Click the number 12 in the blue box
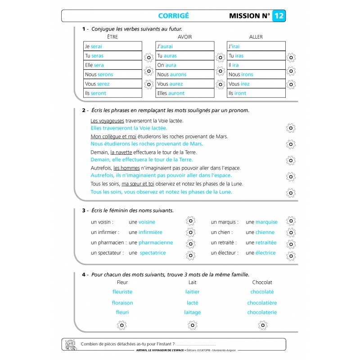tap(279, 16)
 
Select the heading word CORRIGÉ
tap(174, 16)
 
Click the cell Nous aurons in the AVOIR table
tap(184, 75)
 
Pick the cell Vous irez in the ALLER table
tap(256, 84)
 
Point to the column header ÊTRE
tap(112, 37)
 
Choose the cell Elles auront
tap(184, 94)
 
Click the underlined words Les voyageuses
tap(108, 121)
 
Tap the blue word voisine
tap(147, 222)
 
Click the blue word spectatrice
tap(153, 253)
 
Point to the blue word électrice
tap(265, 253)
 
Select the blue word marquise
tap(266, 222)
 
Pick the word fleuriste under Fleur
tap(122, 292)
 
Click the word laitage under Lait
tap(193, 312)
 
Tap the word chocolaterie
tap(262, 312)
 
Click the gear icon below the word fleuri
tap(122, 325)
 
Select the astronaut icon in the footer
tap(70, 344)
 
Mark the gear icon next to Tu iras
tap(291, 57)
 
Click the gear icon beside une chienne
tap(291, 233)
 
